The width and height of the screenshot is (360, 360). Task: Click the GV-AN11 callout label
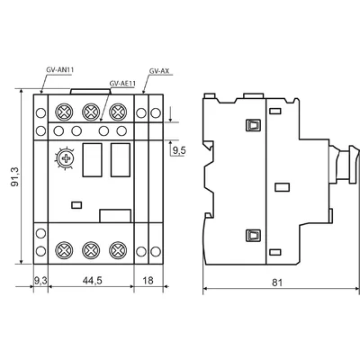[x=60, y=70]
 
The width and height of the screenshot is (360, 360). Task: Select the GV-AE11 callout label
[x=122, y=84]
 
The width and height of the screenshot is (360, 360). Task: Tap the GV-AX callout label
[x=159, y=71]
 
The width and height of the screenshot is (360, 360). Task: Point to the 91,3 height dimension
[x=15, y=176]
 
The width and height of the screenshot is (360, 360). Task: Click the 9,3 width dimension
[x=40, y=281]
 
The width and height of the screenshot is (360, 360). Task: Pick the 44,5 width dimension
[x=92, y=280]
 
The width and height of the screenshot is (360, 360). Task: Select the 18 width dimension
[x=148, y=281]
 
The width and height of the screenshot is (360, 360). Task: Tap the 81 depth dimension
[x=277, y=283]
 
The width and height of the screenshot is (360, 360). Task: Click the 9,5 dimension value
[x=179, y=150]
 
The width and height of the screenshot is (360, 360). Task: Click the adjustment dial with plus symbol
[x=65, y=158]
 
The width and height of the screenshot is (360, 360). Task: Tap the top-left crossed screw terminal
[x=64, y=112]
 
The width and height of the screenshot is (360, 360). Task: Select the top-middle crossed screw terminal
[x=91, y=112]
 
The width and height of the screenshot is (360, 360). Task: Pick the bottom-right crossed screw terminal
[x=118, y=250]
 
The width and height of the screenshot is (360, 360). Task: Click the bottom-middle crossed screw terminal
[x=91, y=250]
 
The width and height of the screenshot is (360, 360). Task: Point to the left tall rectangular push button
[x=92, y=160]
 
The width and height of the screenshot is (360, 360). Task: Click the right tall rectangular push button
[x=121, y=160]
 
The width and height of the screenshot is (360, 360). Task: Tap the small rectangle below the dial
[x=76, y=205]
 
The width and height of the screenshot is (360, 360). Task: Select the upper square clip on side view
[x=253, y=125]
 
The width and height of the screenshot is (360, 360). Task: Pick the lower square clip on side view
[x=253, y=235]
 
